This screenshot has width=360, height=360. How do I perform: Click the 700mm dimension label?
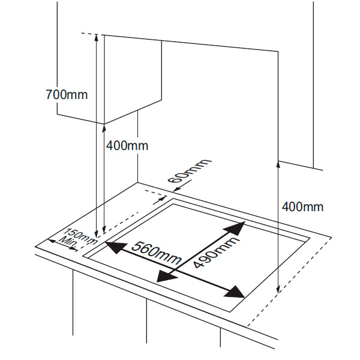pyautogui.click(x=66, y=94)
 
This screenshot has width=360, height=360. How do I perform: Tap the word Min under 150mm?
pyautogui.click(x=68, y=242)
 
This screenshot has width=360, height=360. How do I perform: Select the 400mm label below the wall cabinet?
pyautogui.click(x=127, y=146)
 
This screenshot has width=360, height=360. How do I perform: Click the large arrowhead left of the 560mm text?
pyautogui.click(x=115, y=246)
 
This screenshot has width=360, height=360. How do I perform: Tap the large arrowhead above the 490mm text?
pyautogui.click(x=237, y=227)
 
